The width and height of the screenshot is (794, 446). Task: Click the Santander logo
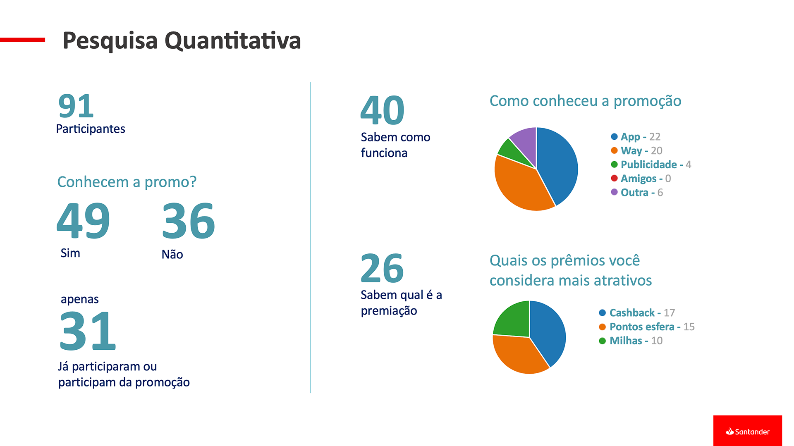(x=747, y=431)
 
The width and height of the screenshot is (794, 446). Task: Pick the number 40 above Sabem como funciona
(x=382, y=110)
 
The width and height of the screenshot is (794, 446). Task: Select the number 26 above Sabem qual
(x=382, y=268)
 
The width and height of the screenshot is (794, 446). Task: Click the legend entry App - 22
(x=636, y=137)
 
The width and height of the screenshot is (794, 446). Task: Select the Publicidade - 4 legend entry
(x=651, y=165)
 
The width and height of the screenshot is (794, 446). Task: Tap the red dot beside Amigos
(x=614, y=178)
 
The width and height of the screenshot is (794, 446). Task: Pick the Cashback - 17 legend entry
(x=637, y=313)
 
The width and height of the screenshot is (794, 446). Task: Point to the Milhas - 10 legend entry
(x=631, y=341)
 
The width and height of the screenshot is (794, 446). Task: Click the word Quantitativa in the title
(x=232, y=41)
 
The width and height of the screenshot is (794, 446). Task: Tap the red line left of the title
(x=22, y=40)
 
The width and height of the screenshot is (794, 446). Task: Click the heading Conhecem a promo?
(x=127, y=182)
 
